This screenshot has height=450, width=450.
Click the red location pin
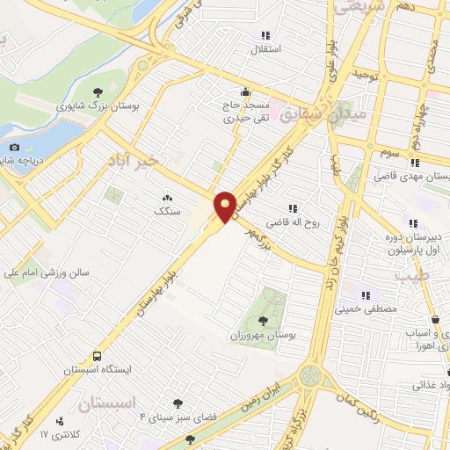pyautogui.click(x=226, y=206)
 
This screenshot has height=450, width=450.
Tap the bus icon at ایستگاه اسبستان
pyautogui.click(x=97, y=357)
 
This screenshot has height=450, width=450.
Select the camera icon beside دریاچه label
pyautogui.click(x=14, y=147)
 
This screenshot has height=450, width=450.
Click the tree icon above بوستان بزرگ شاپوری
pyautogui.click(x=98, y=91)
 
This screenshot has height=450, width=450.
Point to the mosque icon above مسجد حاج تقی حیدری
pyautogui.click(x=245, y=91)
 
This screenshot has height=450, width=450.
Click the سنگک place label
pyautogui.click(x=165, y=211)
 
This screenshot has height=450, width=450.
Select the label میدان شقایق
pyautogui.click(x=337, y=114)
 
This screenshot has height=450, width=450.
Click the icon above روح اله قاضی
pyautogui.click(x=293, y=208)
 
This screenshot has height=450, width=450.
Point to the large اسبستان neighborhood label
pyautogui.click(x=110, y=405)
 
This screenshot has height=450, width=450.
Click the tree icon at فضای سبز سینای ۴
pyautogui.click(x=178, y=403)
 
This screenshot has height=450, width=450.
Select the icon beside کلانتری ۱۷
pyautogui.click(x=59, y=421)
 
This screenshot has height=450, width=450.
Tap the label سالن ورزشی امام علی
pyautogui.click(x=51, y=273)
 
